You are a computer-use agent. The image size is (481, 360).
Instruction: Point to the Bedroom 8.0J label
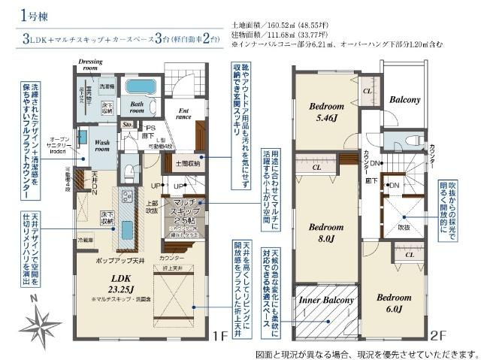325,232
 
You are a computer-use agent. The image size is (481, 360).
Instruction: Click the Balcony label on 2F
404,100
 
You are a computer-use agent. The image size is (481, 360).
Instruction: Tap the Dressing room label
91,64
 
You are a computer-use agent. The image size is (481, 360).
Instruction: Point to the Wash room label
103,144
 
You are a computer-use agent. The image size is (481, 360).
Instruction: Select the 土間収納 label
187,162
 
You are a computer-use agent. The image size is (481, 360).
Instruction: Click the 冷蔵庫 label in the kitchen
86,240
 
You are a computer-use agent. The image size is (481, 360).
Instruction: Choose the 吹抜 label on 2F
404,225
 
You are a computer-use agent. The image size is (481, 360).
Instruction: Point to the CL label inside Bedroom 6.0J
408,255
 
